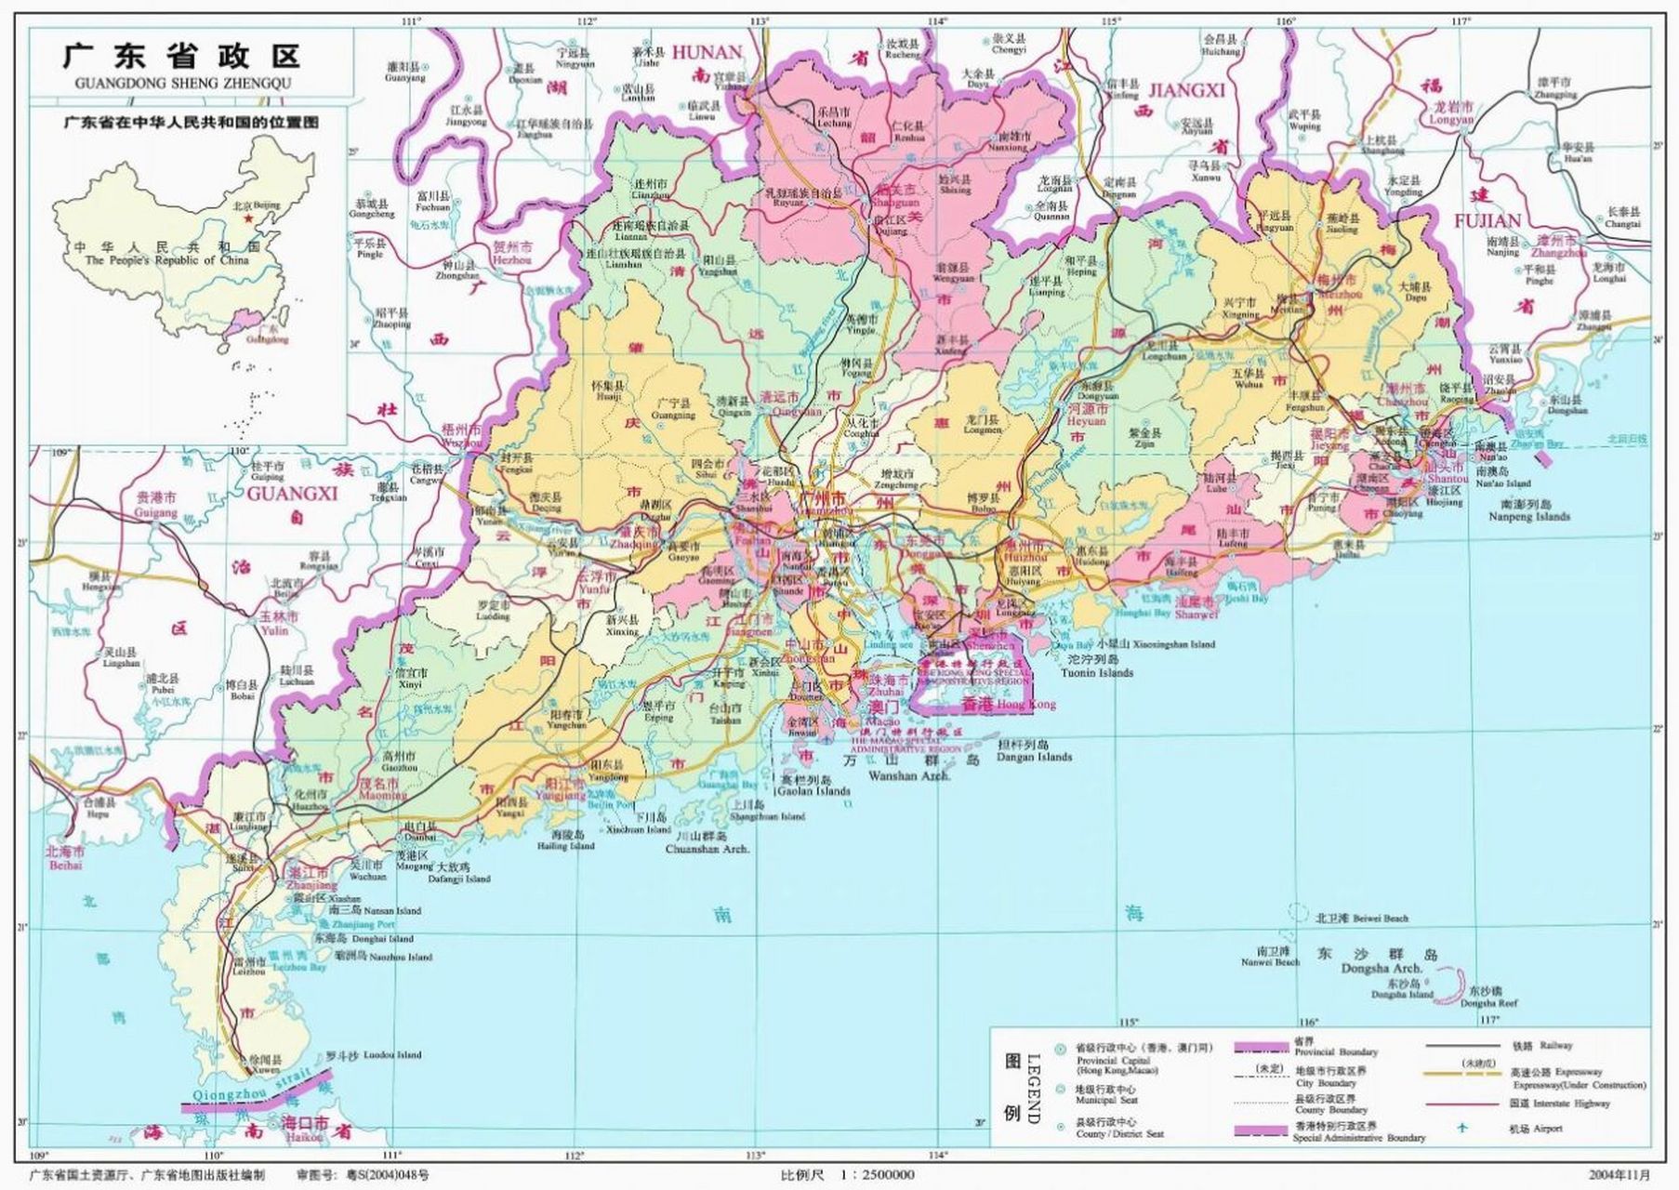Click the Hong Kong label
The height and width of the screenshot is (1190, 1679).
point(1025,705)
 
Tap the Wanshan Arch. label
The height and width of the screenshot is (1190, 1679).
point(908,774)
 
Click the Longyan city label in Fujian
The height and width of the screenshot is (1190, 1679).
point(1450,120)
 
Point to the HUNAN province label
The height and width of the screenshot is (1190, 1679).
point(707,53)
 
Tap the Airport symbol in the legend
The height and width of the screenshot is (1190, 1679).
point(1461,1129)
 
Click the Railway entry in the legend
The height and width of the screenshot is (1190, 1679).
point(1555,1046)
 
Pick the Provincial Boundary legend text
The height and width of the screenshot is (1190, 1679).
point(1336,1052)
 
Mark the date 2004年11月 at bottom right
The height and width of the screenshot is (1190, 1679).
point(1619,1175)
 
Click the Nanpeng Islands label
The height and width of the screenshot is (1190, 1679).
point(1528,516)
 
